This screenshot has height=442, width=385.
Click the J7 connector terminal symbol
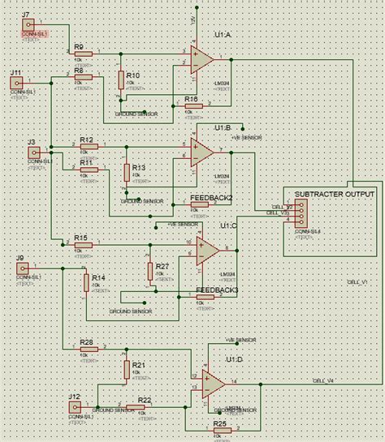[x=27, y=28]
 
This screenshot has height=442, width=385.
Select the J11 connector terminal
[x=15, y=83]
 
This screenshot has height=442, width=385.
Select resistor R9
[x=83, y=54]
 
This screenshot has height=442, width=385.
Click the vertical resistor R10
[x=121, y=79]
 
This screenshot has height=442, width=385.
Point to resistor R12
[x=88, y=147]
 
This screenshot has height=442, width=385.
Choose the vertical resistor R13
[x=126, y=172]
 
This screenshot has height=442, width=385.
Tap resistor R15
[x=83, y=244]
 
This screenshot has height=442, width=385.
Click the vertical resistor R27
[x=150, y=270]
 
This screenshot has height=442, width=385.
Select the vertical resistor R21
[x=126, y=370]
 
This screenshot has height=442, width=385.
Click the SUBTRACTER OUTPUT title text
[x=335, y=195]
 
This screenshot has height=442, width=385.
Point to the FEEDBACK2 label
[x=211, y=198]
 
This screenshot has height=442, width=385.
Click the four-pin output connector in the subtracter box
[x=301, y=215]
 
